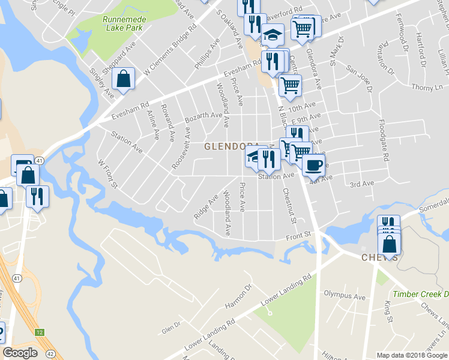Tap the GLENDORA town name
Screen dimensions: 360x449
coord(231,146)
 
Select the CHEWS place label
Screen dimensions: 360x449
coord(379,257)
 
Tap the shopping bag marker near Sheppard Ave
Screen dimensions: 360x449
coord(123,79)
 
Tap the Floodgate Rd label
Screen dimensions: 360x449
coord(384,140)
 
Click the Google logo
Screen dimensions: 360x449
coord(20,352)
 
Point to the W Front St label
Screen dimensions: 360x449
coord(109,173)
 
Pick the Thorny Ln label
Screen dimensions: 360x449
coord(427,88)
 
